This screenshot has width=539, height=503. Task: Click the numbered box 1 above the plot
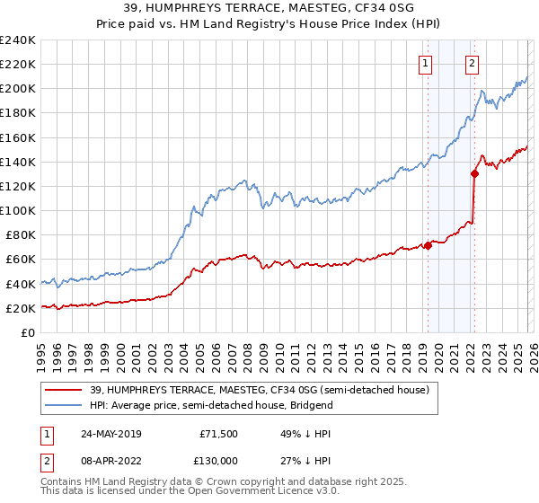coord(424,63)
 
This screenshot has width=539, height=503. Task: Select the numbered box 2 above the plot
coord(472,63)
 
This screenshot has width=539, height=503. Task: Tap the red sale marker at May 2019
coord(428,245)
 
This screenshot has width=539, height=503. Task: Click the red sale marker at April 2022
coord(474,174)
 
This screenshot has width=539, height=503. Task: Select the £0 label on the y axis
coord(27,332)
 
